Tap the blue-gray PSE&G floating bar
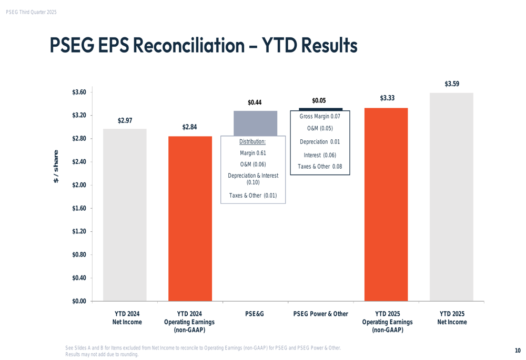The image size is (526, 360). (255, 123)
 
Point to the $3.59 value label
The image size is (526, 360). (452, 84)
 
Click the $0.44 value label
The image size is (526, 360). (255, 102)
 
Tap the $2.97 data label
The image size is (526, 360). (125, 120)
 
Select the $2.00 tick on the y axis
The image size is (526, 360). (79, 185)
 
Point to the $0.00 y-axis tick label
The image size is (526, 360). (79, 301)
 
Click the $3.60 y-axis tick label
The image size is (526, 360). (79, 92)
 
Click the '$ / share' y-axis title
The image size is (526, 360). (56, 166)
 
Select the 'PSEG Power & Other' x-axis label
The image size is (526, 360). (320, 314)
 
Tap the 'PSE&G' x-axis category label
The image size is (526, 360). (255, 314)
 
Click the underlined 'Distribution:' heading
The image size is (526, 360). (252, 141)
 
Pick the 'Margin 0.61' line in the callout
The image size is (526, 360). (253, 153)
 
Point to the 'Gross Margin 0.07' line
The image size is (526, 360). (320, 116)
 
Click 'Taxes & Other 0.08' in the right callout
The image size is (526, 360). (320, 167)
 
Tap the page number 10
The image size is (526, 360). (518, 351)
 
